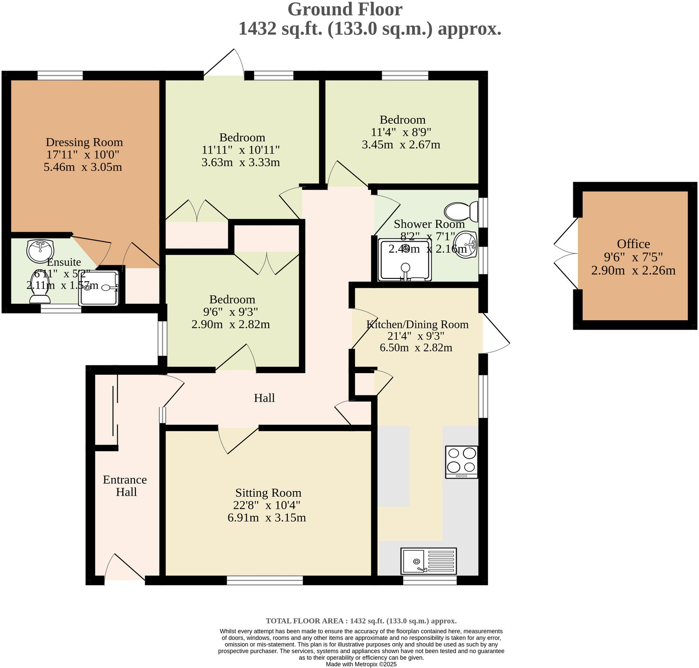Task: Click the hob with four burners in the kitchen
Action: [x=462, y=462]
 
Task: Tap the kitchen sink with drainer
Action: [x=429, y=561]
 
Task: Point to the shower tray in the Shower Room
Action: [x=405, y=260]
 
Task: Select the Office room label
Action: [x=633, y=244]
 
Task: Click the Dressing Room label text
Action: [x=84, y=142]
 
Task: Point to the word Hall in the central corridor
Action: [x=264, y=398]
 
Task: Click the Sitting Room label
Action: [x=268, y=493]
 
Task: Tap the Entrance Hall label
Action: [x=125, y=486]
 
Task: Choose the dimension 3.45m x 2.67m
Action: [x=401, y=145]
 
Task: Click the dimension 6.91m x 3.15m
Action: [x=267, y=518]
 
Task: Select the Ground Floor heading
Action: [x=345, y=9]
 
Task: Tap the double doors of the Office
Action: [x=566, y=254]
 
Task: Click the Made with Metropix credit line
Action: [x=361, y=664]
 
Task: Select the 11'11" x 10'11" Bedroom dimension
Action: [x=241, y=150]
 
